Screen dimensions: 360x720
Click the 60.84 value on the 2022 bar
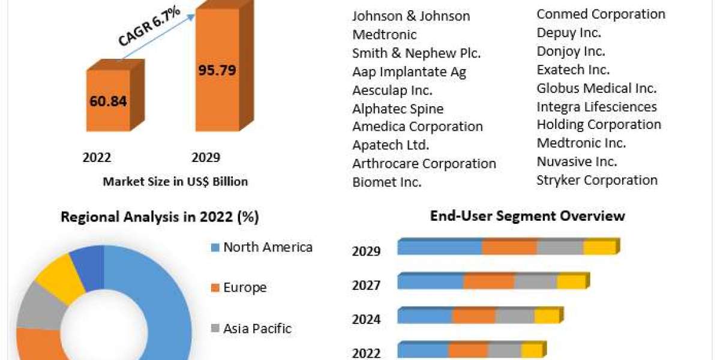[108, 101]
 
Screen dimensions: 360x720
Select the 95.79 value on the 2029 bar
[217, 70]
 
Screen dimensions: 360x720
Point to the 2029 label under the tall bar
[206, 158]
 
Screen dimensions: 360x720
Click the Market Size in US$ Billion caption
[175, 181]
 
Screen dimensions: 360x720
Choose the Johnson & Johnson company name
[411, 16]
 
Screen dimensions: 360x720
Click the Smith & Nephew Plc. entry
[416, 53]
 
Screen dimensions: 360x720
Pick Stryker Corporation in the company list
[597, 180]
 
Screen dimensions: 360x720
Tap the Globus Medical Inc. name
[596, 88]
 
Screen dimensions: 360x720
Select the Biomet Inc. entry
[387, 182]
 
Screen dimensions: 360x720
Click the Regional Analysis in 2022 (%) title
[160, 217]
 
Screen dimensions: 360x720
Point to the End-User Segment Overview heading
[527, 216]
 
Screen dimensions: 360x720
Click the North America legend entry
[267, 247]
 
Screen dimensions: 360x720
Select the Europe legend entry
[244, 287]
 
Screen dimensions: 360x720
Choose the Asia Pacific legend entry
[257, 328]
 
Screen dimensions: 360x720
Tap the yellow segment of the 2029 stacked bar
[599, 247]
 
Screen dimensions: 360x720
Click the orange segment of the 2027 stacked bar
[488, 282]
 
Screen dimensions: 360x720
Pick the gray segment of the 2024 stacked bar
[515, 316]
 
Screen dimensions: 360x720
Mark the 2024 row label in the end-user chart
[366, 319]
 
